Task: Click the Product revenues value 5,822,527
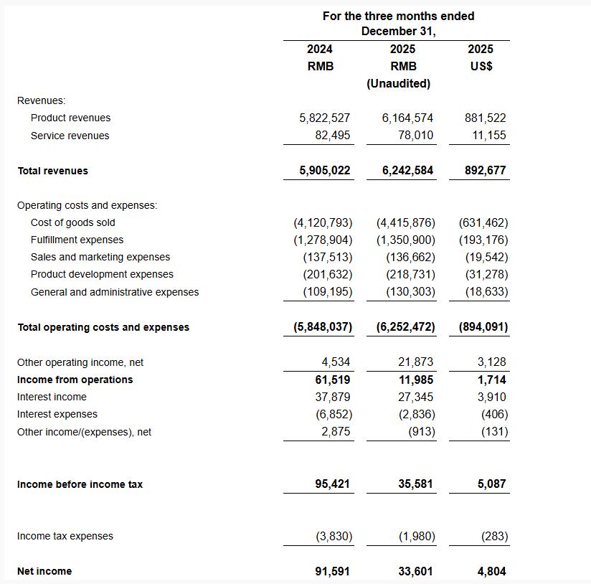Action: click(x=324, y=118)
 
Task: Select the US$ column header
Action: click(x=480, y=66)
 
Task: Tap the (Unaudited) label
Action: click(x=398, y=83)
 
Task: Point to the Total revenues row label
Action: click(x=52, y=171)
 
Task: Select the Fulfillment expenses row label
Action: click(x=77, y=240)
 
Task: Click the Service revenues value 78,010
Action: click(x=416, y=135)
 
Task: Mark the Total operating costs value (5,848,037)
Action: click(x=323, y=327)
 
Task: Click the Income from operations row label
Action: click(x=75, y=380)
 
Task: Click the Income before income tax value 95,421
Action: click(x=332, y=484)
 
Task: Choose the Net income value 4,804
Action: click(x=491, y=572)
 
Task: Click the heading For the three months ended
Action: click(x=398, y=16)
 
